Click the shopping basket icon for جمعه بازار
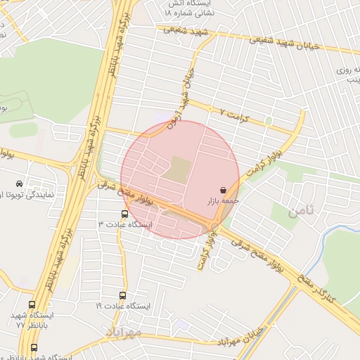(x=224, y=190)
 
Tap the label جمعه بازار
(x=222, y=201)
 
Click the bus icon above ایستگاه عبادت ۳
(x=124, y=214)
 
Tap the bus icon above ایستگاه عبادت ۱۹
(x=123, y=296)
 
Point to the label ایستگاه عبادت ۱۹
(x=124, y=307)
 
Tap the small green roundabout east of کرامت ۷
(x=268, y=122)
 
